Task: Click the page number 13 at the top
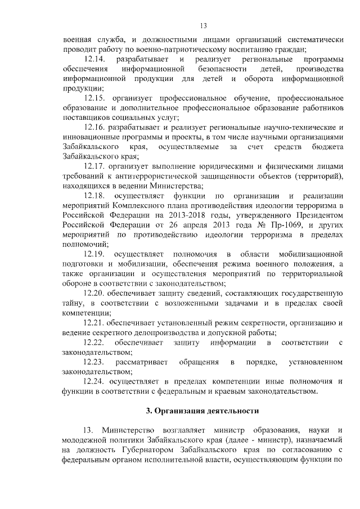(204, 25)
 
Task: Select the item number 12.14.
(94, 59)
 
